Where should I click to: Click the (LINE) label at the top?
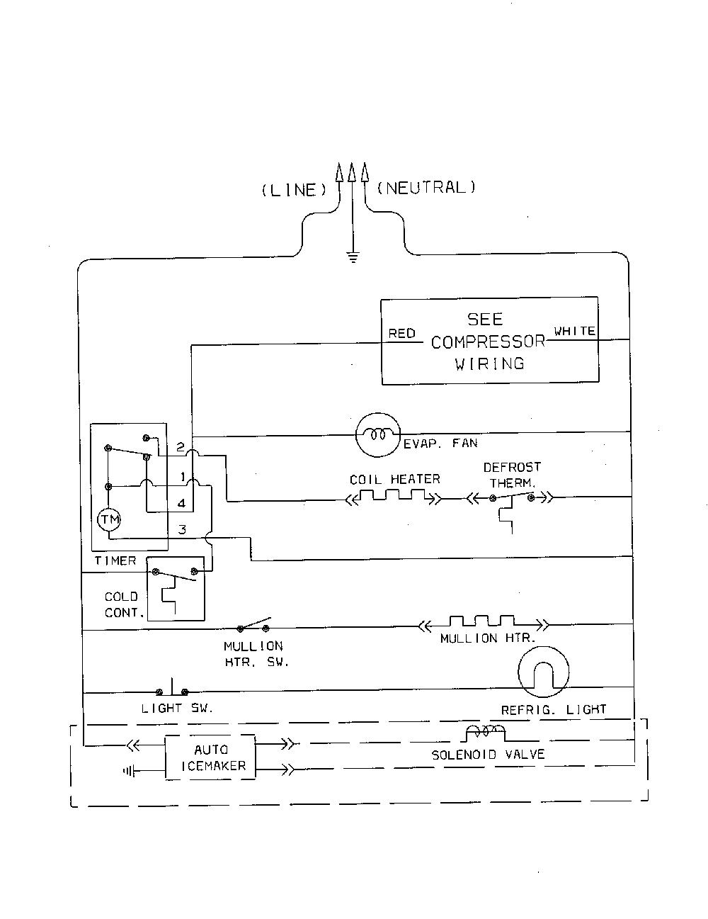click(294, 190)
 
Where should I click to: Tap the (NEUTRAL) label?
click(426, 187)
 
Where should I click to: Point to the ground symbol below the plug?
click(353, 257)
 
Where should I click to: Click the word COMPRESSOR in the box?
click(489, 342)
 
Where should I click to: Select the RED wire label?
click(401, 333)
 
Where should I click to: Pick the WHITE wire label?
click(574, 331)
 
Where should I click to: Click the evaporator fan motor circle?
click(377, 435)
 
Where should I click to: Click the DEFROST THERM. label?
click(512, 475)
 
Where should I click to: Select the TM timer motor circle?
click(109, 519)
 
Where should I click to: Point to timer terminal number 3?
click(182, 529)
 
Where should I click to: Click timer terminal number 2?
click(181, 447)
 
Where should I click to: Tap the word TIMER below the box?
click(115, 560)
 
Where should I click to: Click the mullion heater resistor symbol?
click(484, 623)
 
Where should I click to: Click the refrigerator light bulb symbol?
click(543, 672)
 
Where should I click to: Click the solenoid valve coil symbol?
click(485, 732)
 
